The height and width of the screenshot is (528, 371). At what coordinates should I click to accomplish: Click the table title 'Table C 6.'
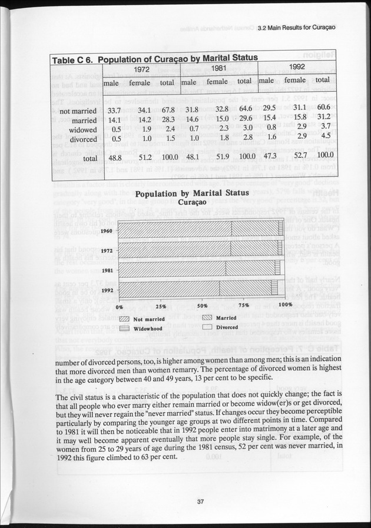pyautogui.click(x=72, y=60)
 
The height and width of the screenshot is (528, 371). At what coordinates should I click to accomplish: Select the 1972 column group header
pyautogui.click(x=140, y=68)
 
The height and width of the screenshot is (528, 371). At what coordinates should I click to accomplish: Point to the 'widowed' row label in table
pyautogui.click(x=82, y=130)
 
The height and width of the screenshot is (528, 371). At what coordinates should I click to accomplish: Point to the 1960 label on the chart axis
pyautogui.click(x=107, y=231)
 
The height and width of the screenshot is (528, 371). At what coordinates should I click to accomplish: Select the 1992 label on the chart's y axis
pyautogui.click(x=107, y=290)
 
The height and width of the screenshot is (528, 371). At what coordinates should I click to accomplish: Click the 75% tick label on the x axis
pyautogui.click(x=244, y=306)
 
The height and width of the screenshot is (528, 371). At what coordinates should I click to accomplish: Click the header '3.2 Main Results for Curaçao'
pyautogui.click(x=293, y=34)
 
